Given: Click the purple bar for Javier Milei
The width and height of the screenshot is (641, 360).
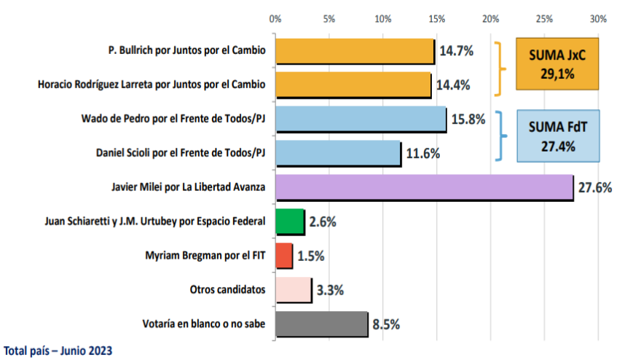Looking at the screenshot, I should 424,187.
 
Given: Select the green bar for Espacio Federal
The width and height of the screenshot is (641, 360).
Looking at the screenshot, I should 289,222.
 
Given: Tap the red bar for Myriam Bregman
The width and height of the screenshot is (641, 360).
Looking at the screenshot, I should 283,256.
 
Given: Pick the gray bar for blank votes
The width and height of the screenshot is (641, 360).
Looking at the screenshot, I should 321,324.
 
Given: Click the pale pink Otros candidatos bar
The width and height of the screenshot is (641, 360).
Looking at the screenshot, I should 293,290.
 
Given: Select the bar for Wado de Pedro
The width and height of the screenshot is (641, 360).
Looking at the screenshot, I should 361,120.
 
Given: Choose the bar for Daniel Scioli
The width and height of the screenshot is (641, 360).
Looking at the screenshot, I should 338,154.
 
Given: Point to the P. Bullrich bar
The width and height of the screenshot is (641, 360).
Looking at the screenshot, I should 355,51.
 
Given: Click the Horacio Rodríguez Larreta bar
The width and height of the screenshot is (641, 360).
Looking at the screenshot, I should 353,85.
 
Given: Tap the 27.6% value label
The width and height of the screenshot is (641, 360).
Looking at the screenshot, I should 594,188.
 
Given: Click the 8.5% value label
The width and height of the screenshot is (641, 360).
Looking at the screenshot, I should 386,324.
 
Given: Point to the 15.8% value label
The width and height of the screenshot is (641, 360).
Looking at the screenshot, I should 468,119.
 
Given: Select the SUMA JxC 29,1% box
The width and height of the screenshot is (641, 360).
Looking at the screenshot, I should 557,64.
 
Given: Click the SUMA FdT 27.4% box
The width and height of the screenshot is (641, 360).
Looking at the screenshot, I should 558,136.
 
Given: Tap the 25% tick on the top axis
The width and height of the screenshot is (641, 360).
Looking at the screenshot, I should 544,18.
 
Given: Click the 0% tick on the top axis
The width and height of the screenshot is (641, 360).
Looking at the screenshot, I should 275,18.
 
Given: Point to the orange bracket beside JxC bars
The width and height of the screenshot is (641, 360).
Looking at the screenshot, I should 501,69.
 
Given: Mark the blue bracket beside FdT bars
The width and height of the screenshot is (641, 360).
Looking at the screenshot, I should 502,136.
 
